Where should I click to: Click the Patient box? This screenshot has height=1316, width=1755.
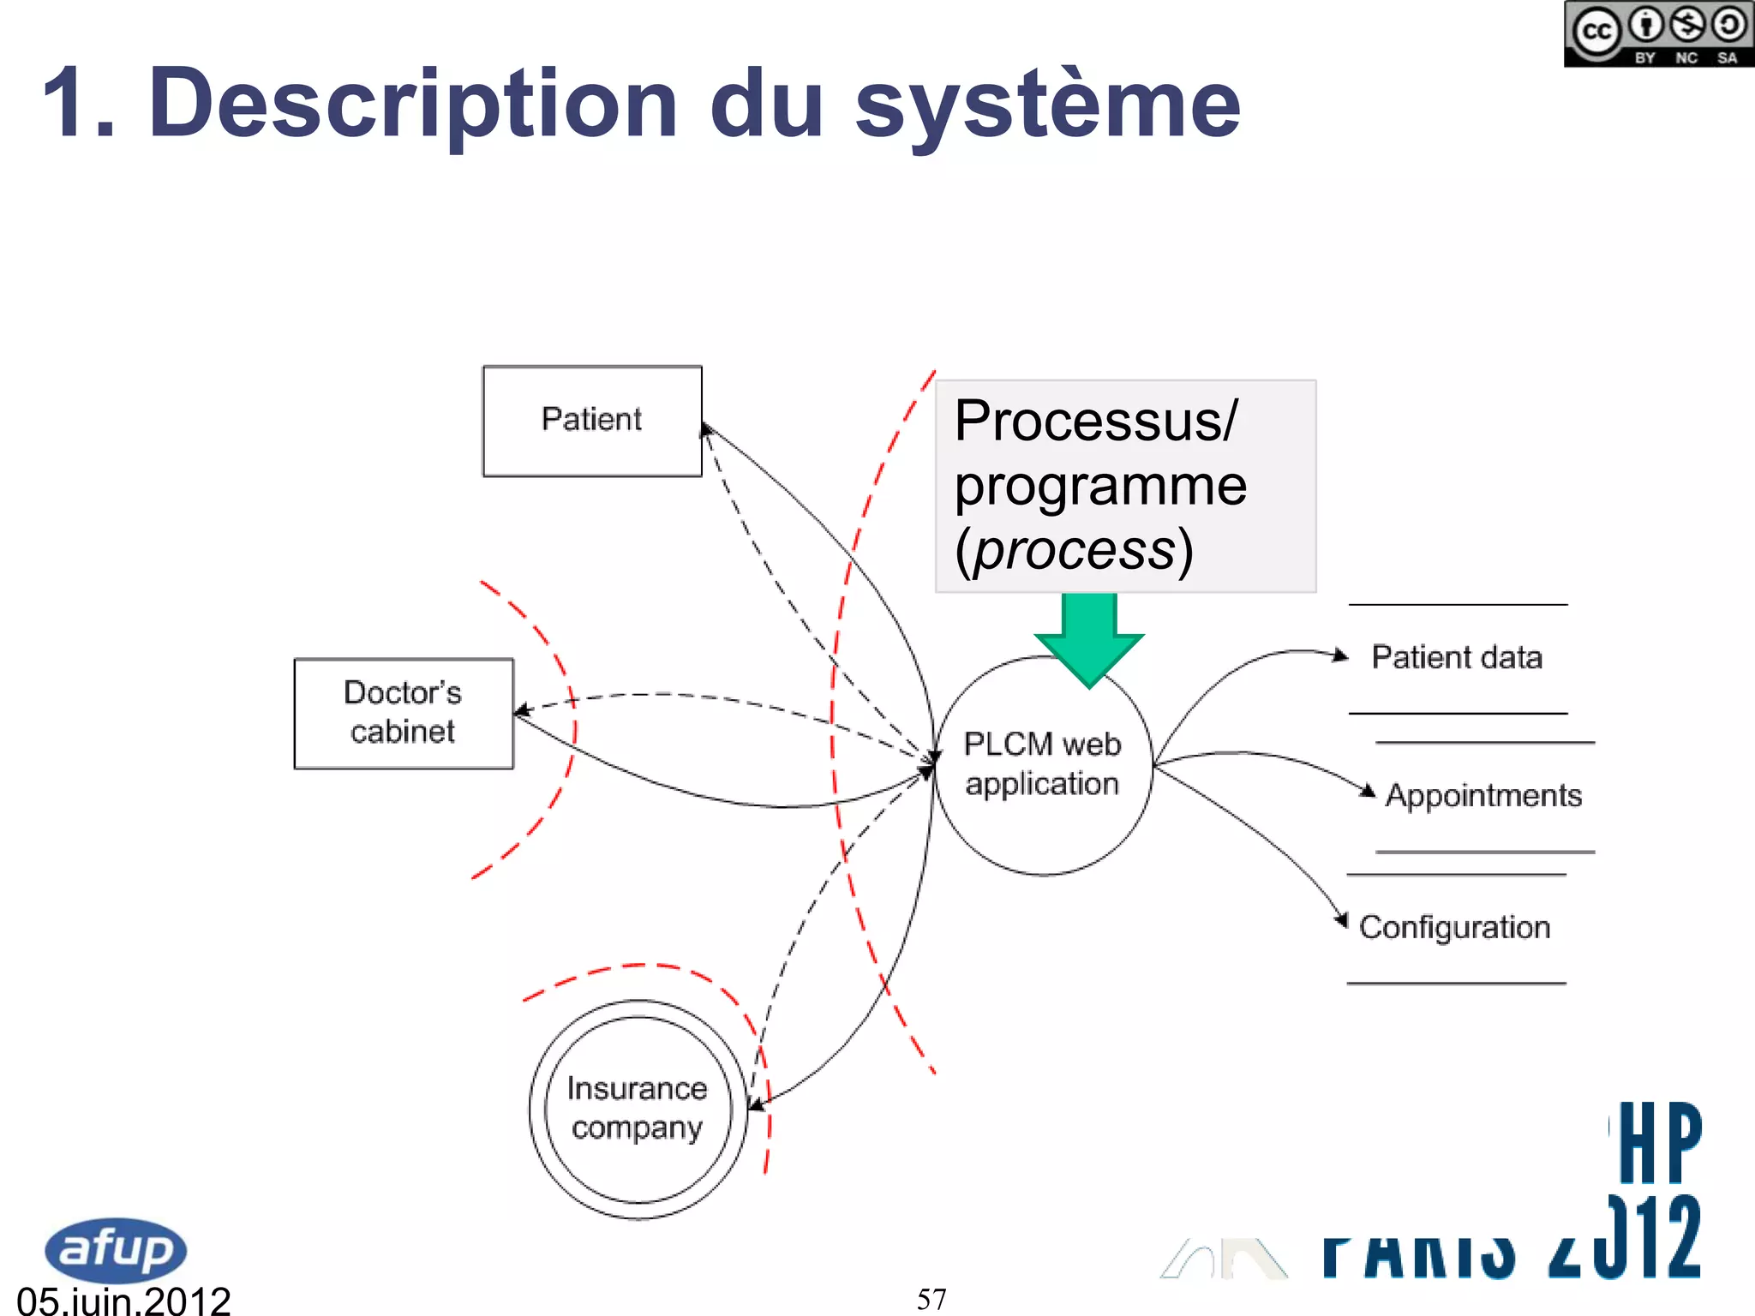(x=592, y=421)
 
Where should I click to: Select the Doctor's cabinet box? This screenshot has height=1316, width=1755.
(x=404, y=713)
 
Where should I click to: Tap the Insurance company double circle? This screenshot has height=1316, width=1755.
(x=638, y=1109)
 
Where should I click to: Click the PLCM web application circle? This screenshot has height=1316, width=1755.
(x=1042, y=765)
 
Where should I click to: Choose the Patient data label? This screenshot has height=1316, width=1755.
(x=1457, y=657)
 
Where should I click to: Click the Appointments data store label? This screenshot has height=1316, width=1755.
(x=1483, y=796)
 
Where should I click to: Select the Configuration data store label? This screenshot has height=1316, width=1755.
(x=1455, y=927)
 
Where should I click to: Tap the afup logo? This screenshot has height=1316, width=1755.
(x=115, y=1249)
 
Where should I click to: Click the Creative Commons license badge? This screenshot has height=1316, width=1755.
(x=1658, y=34)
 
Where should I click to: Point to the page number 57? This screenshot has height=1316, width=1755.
(x=931, y=1299)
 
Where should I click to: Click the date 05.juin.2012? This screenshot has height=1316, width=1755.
(x=124, y=1301)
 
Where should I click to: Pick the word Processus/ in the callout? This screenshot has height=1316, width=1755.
(x=1096, y=421)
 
